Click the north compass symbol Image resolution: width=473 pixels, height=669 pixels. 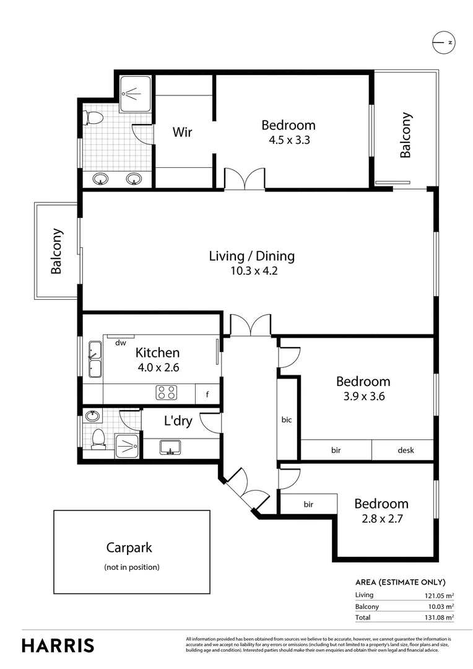point(443,42)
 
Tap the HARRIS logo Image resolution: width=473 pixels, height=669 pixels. point(58,645)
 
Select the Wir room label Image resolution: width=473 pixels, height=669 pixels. point(182,132)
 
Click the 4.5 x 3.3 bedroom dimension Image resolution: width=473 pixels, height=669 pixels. point(289,140)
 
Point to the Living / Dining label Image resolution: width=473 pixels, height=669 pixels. point(251,256)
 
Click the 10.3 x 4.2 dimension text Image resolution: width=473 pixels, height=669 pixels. point(251,271)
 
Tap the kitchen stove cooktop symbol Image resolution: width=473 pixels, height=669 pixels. point(166,392)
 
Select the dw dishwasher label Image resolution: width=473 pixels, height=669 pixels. point(121,343)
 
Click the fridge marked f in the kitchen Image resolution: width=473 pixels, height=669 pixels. point(207,393)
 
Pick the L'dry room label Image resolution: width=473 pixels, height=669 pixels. point(178,421)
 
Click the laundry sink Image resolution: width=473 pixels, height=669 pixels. point(170,447)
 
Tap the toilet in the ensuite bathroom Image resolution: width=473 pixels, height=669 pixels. point(94,117)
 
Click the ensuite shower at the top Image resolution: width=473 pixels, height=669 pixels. point(134,94)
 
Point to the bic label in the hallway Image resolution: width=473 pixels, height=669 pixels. point(287,419)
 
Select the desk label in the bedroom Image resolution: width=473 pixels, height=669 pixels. point(406,450)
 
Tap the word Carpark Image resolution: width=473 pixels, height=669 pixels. point(129,548)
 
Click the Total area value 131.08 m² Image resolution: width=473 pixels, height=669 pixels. point(436,617)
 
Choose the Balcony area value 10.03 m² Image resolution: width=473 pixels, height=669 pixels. point(436,606)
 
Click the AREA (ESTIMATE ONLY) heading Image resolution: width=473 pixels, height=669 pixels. point(400,582)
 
